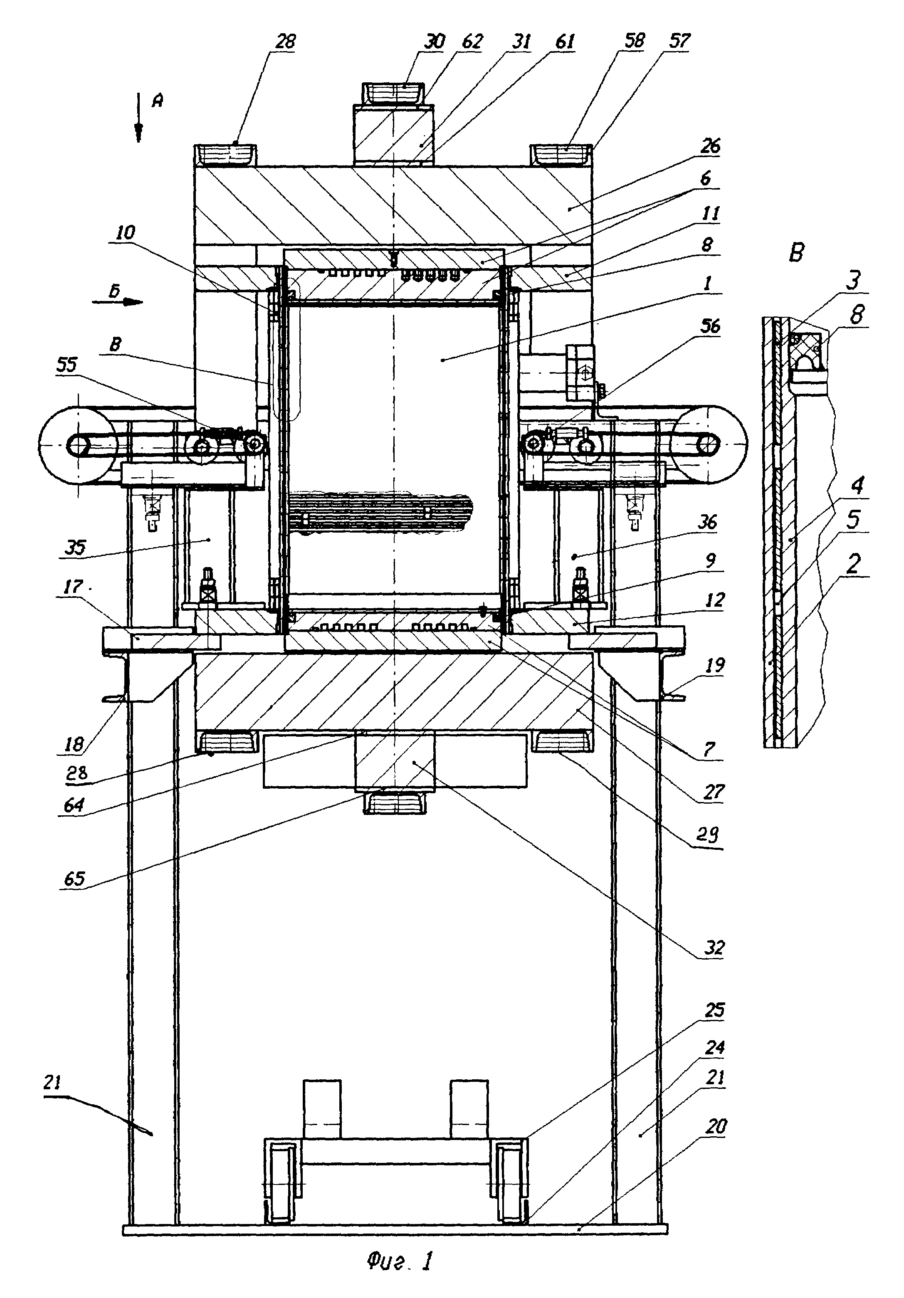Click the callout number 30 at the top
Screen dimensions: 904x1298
click(x=434, y=41)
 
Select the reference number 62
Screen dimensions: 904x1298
click(x=472, y=41)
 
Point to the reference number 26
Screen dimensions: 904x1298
click(x=710, y=146)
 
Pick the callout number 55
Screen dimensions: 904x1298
click(x=66, y=365)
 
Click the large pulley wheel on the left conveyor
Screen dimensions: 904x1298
click(x=77, y=446)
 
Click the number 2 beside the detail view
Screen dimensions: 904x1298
click(x=854, y=564)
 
